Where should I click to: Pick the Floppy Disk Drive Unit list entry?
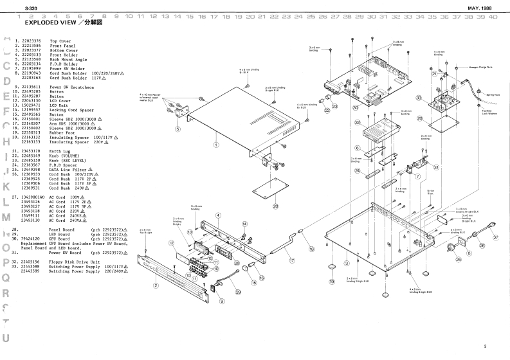pos(76,262)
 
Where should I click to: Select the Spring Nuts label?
pos(484,94)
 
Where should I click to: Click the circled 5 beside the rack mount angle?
pos(177,129)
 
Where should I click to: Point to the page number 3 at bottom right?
pos(485,346)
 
